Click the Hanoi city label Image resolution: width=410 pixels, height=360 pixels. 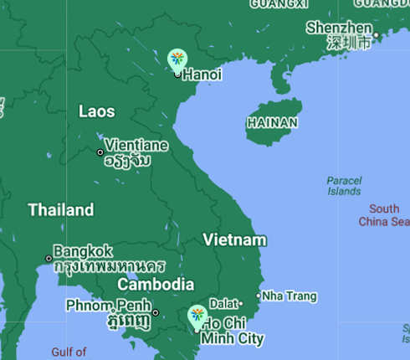tap(202, 75)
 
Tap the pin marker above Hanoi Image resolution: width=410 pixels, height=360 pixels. tap(177, 59)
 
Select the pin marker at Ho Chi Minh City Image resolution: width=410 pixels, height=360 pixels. tap(197, 316)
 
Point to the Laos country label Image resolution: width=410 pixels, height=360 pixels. tap(96, 111)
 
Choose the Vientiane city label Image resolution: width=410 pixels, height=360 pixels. tap(136, 146)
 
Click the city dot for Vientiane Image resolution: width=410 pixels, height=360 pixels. tap(100, 152)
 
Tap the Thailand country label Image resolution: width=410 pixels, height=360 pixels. tap(60, 210)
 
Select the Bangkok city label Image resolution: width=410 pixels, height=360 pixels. tap(83, 250)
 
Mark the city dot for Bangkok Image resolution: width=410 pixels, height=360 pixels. tap(49, 258)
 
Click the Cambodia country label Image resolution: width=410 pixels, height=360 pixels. tap(155, 285)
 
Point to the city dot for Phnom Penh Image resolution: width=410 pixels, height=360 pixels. tap(156, 313)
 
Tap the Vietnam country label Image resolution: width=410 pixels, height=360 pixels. tap(234, 240)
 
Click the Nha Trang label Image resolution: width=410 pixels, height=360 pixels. tap(290, 296)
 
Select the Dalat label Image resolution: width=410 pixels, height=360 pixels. tap(223, 303)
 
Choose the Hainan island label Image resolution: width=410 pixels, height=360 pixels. tap(272, 123)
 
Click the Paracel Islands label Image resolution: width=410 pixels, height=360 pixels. tap(344, 186)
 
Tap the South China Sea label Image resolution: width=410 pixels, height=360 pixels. tap(384, 215)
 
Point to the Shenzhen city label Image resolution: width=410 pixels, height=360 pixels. tap(338, 28)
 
